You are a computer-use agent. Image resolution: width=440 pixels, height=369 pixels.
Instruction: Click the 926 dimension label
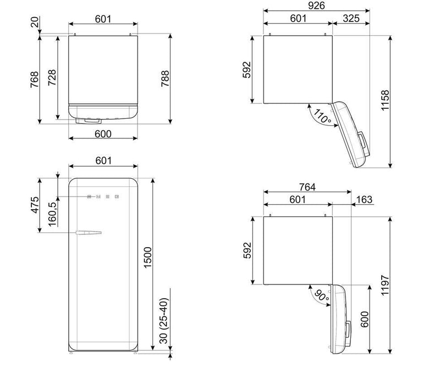316,5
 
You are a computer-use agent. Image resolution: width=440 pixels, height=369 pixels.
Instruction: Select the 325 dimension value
351,19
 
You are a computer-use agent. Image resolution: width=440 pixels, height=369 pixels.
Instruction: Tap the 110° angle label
322,116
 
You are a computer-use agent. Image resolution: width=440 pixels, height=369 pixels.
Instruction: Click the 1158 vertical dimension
386,100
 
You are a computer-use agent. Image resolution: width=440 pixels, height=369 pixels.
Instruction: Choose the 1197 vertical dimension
386,285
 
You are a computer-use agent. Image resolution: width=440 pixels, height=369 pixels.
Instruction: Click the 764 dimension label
307,187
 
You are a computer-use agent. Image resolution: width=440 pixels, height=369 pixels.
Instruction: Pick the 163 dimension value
364,199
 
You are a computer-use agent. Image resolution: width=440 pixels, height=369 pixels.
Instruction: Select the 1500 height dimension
147,258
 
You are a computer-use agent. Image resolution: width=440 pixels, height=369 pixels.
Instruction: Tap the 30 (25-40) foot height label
163,321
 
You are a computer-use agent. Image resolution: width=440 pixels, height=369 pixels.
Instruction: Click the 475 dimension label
35,205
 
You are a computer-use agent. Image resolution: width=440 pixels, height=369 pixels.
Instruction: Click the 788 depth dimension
166,79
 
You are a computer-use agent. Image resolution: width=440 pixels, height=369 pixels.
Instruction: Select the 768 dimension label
35,80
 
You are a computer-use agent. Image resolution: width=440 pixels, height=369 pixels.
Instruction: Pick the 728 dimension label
52,77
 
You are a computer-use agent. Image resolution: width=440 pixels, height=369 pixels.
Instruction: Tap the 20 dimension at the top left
35,22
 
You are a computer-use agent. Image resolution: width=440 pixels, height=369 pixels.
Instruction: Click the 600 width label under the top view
103,134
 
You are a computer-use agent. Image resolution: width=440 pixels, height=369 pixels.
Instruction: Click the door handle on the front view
89,232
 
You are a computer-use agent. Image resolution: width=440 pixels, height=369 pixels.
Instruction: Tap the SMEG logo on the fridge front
103,197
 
